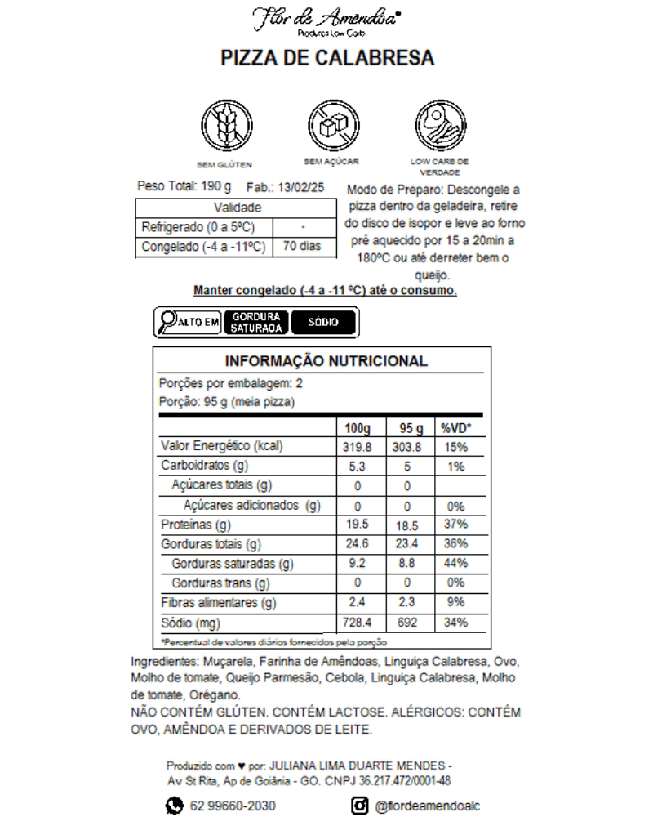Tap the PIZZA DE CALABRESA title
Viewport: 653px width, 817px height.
click(327, 59)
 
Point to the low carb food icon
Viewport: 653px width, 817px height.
click(439, 123)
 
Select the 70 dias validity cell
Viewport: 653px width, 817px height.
click(302, 247)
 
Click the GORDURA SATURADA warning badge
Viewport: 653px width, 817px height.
click(256, 322)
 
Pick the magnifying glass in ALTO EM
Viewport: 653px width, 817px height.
click(169, 322)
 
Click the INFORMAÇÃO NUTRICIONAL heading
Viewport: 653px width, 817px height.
click(326, 361)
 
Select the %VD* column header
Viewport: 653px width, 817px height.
click(457, 428)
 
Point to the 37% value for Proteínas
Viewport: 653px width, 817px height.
click(456, 525)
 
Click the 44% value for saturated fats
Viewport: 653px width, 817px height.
click(456, 564)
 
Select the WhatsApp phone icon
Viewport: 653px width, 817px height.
click(175, 806)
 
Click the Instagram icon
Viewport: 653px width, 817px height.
click(361, 806)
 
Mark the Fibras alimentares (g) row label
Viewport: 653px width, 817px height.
click(219, 604)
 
